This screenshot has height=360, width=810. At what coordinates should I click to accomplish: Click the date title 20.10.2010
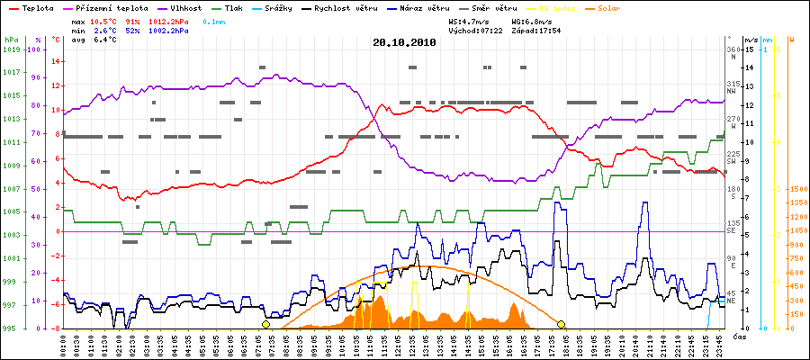point(404,41)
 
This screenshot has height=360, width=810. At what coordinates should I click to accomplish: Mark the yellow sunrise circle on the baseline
point(265,324)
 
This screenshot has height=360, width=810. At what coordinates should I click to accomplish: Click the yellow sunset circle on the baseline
point(561,324)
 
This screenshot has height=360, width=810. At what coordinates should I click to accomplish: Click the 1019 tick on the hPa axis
point(10,49)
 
